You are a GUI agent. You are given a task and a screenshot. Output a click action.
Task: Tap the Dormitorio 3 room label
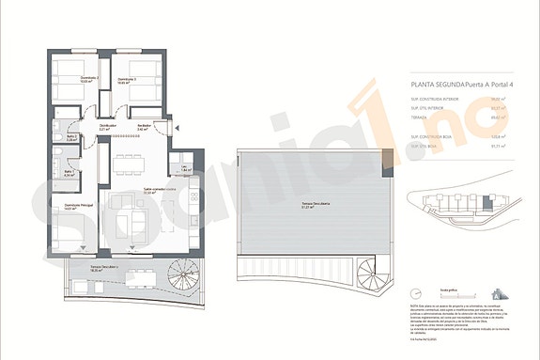127,80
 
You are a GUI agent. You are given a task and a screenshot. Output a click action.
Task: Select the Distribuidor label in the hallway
108,125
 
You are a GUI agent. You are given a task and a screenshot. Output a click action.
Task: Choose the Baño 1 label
69,171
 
